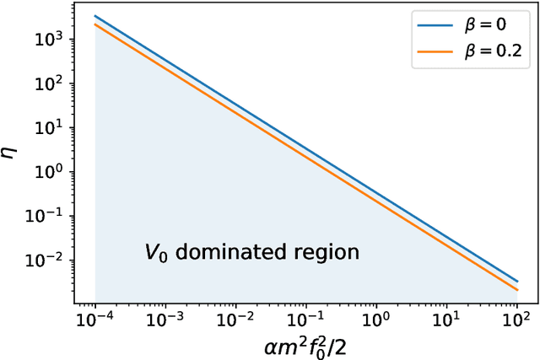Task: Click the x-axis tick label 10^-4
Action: (94, 320)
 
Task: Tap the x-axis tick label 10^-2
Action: (235, 320)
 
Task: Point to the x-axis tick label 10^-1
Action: (305, 320)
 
